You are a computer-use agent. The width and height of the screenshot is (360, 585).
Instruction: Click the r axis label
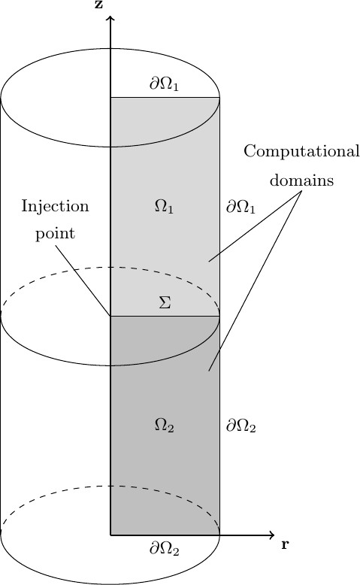pyautogui.click(x=285, y=544)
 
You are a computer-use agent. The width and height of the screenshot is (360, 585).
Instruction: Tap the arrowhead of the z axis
pyautogui.click(x=110, y=17)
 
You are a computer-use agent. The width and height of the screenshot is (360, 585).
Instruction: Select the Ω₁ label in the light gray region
pyautogui.click(x=164, y=207)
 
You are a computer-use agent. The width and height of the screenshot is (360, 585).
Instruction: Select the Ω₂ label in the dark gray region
pyautogui.click(x=164, y=426)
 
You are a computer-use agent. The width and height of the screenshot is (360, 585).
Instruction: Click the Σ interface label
pyautogui.click(x=165, y=303)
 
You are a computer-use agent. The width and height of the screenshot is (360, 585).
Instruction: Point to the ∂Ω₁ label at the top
pyautogui.click(x=164, y=84)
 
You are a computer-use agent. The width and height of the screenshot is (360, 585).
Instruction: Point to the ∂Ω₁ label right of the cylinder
pyautogui.click(x=241, y=207)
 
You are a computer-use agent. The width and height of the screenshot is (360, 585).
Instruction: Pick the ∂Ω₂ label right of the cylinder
pyautogui.click(x=242, y=426)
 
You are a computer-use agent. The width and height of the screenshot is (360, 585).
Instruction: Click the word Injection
pyautogui.click(x=55, y=207)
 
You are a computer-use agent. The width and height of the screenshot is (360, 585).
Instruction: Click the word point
pyautogui.click(x=56, y=232)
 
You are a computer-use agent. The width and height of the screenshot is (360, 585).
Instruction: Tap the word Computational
pyautogui.click(x=301, y=152)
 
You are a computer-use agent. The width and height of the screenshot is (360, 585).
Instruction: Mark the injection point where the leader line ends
pyautogui.click(x=110, y=316)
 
